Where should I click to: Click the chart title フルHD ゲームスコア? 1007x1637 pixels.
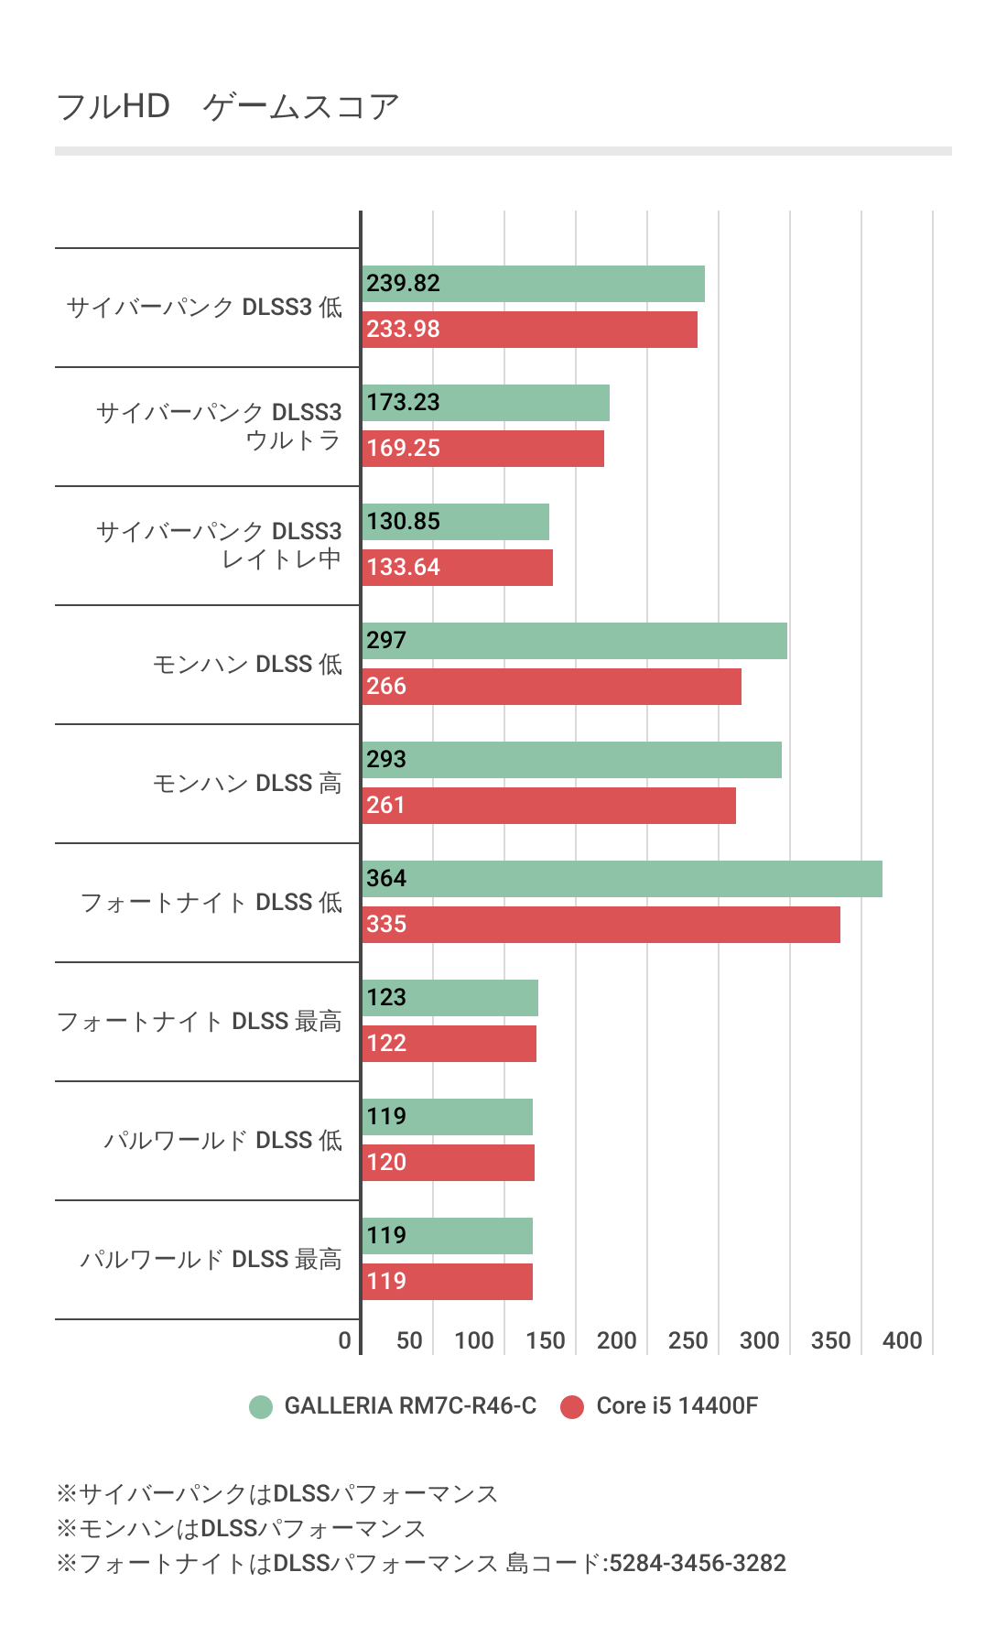(228, 107)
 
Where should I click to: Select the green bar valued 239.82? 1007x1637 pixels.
(534, 284)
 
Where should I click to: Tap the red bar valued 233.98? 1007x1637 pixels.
(530, 330)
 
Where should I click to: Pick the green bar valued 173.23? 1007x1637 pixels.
(486, 403)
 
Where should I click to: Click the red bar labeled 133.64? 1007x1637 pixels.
(458, 568)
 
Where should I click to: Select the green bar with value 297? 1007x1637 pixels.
(575, 641)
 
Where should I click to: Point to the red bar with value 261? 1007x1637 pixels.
(549, 806)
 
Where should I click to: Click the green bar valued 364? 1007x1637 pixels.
(623, 879)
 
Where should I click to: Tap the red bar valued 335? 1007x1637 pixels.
(601, 925)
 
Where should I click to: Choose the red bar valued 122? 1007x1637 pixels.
(449, 1044)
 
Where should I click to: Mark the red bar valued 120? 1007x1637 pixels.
(449, 1163)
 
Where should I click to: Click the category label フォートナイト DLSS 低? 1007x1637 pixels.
(211, 903)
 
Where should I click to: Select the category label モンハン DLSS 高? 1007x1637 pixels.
(247, 784)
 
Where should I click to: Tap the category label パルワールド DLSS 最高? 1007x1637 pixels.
(211, 1260)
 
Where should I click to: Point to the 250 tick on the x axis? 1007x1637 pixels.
(688, 1341)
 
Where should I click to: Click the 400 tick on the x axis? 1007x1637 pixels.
(903, 1341)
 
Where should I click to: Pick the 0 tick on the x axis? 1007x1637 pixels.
(345, 1341)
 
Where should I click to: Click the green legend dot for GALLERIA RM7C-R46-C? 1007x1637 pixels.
(261, 1407)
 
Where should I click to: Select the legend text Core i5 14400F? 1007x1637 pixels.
(677, 1406)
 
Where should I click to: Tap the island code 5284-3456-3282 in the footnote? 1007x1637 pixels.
(698, 1563)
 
